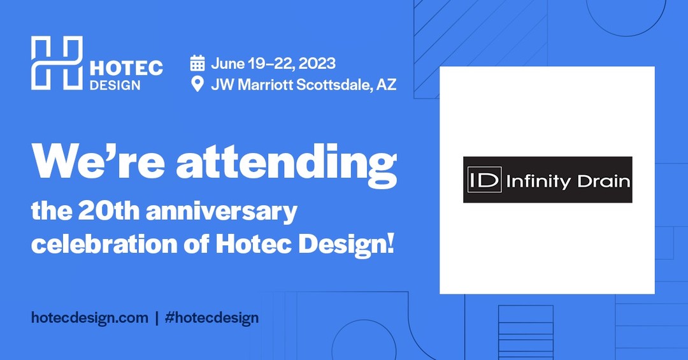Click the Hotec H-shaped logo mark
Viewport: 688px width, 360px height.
pyautogui.click(x=57, y=63)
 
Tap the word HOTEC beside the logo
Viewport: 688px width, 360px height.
pyautogui.click(x=126, y=68)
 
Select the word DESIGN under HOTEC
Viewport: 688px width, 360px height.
pyautogui.click(x=115, y=85)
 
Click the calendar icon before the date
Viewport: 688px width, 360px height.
pyautogui.click(x=197, y=63)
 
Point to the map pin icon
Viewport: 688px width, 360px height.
pyautogui.click(x=198, y=84)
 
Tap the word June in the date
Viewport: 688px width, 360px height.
pyautogui.click(x=227, y=64)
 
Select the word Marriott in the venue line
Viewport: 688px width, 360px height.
pyautogui.click(x=266, y=84)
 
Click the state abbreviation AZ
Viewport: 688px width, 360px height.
pyautogui.click(x=386, y=84)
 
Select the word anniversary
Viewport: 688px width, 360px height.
pyautogui.click(x=222, y=212)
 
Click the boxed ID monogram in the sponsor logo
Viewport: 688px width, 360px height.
pyautogui.click(x=484, y=179)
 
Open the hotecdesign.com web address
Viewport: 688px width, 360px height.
pyautogui.click(x=90, y=317)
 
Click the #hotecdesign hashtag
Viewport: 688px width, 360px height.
pyautogui.click(x=212, y=317)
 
